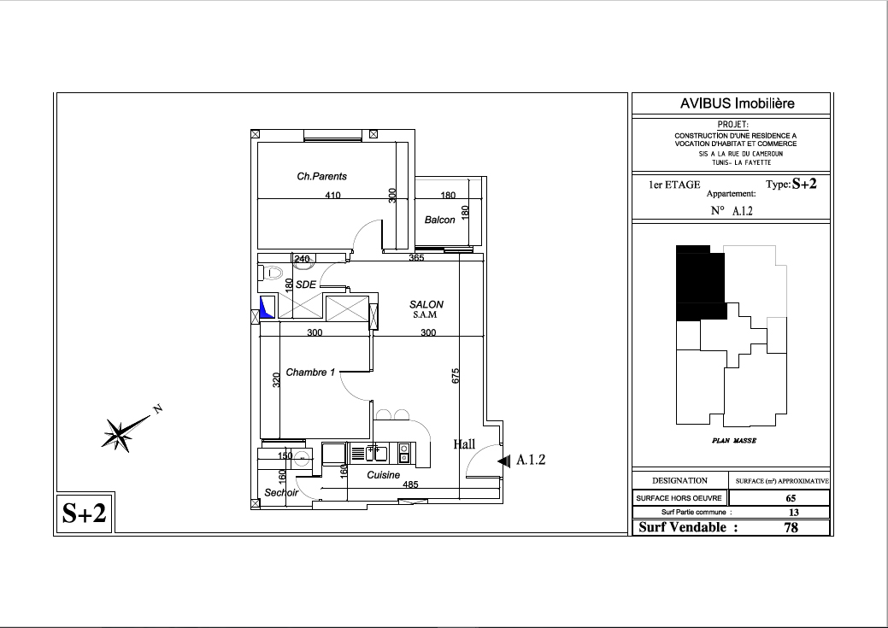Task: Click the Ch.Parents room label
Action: click(x=321, y=176)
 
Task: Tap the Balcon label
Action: click(x=439, y=220)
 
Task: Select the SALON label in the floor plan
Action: click(x=426, y=304)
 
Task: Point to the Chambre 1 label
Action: click(x=310, y=372)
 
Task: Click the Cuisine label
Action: click(x=384, y=475)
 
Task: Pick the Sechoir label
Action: click(x=281, y=493)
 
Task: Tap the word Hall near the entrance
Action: click(x=464, y=444)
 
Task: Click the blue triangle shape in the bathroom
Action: click(x=266, y=308)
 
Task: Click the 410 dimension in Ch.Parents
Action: click(x=333, y=196)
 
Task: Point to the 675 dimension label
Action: click(x=456, y=376)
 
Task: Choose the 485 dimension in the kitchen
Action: click(x=410, y=484)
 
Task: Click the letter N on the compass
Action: click(x=159, y=408)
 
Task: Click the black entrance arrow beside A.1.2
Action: click(x=503, y=461)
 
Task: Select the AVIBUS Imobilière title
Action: click(x=738, y=103)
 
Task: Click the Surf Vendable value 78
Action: click(x=791, y=527)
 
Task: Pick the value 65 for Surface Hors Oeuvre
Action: click(x=791, y=498)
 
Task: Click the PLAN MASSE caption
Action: click(x=734, y=441)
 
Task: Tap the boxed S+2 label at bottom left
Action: click(x=85, y=513)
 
